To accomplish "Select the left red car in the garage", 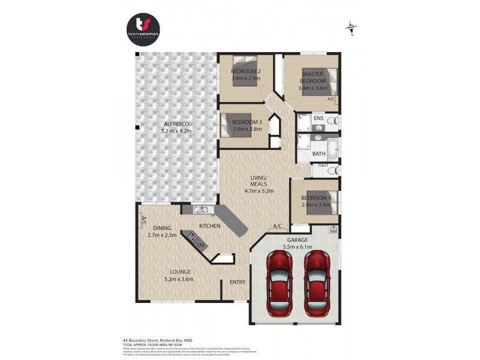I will coord(280,283).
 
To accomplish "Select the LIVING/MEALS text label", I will coord(259,181).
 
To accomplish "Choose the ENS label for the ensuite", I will coord(319,118).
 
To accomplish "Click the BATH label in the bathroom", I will coord(319,154).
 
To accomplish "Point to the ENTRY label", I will coord(238,282).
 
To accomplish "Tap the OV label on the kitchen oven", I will coord(200,245).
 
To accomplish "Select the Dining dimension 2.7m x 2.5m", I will coord(162,235).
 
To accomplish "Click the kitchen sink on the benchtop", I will coord(201,210).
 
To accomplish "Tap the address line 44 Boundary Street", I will coord(158,339).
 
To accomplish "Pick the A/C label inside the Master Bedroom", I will coord(331,99).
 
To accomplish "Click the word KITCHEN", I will coord(210,226).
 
